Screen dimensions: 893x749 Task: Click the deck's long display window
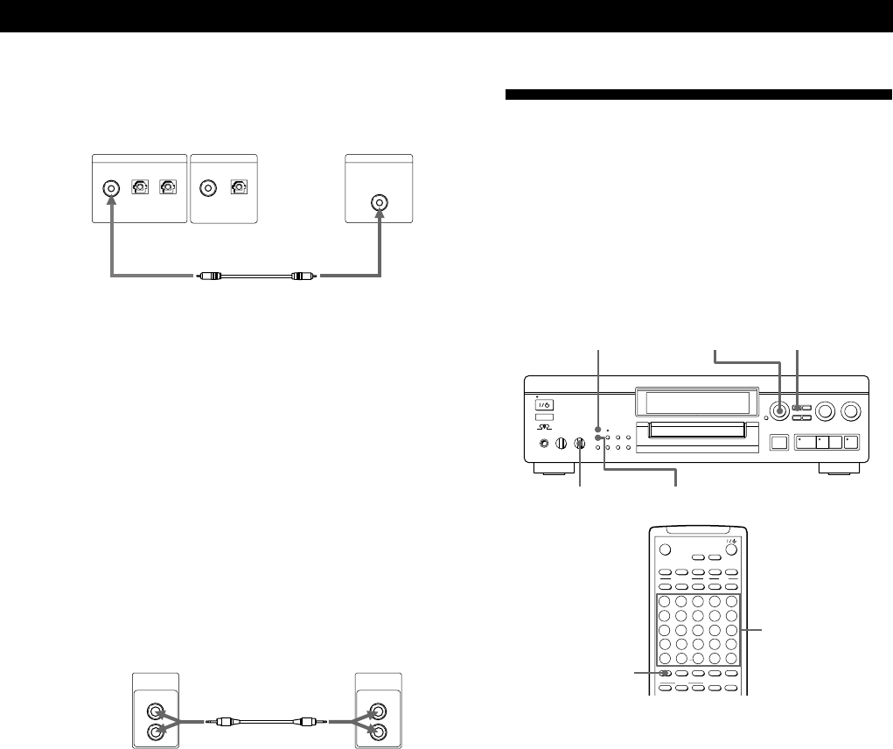click(x=696, y=403)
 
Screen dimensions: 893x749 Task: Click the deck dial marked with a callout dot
click(x=778, y=410)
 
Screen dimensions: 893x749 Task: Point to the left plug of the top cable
click(x=207, y=275)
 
